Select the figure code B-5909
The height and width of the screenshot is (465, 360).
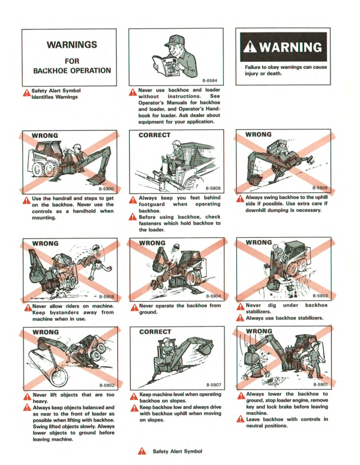(x=212, y=188)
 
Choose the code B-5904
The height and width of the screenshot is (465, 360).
(x=212, y=295)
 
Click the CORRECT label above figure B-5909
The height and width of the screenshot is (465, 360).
(x=154, y=135)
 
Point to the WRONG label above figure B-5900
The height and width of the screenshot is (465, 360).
(x=45, y=136)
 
